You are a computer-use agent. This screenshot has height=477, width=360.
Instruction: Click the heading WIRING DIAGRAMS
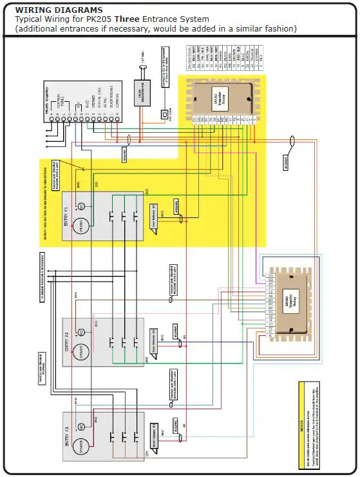click(x=58, y=10)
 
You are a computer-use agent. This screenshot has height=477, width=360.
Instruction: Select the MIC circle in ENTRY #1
click(x=81, y=207)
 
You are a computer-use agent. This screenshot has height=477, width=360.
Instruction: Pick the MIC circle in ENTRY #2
click(x=81, y=332)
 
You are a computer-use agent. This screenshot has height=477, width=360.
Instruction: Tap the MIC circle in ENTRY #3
click(x=81, y=426)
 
